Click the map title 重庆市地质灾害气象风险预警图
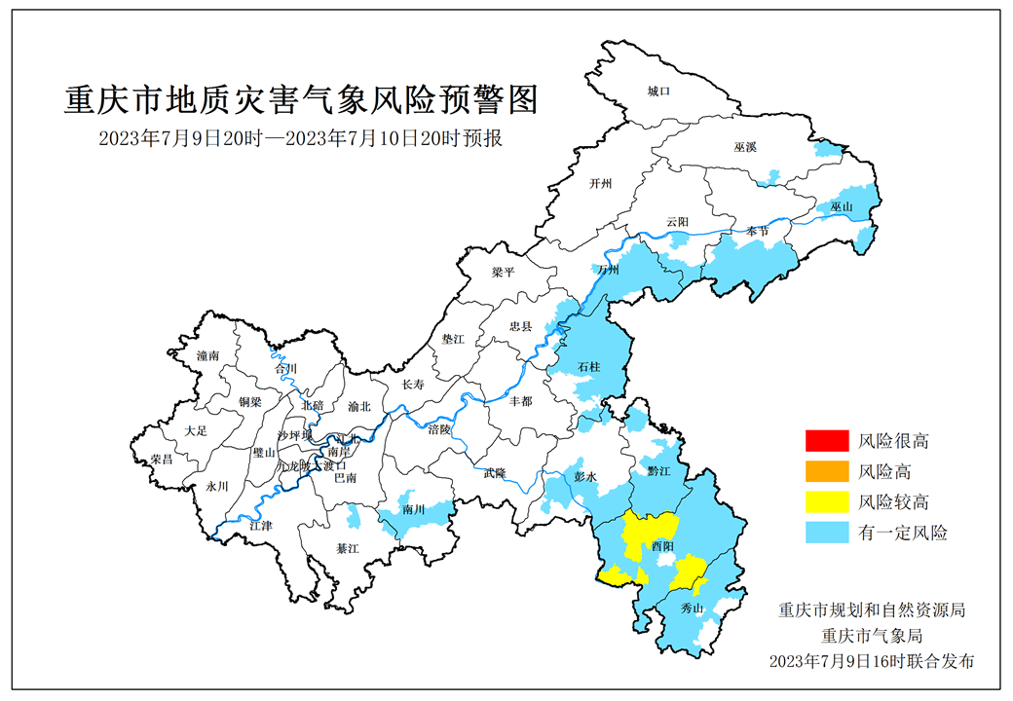point(301,100)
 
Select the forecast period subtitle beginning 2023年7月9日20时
point(301,138)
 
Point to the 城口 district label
point(659,92)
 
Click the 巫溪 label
point(745,147)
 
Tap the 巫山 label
point(841,207)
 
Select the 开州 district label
point(601,183)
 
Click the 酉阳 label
point(662,547)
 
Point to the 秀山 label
point(692,609)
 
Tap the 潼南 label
point(207,356)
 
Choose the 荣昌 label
point(162,459)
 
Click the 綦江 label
point(348,549)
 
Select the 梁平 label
point(503,273)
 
